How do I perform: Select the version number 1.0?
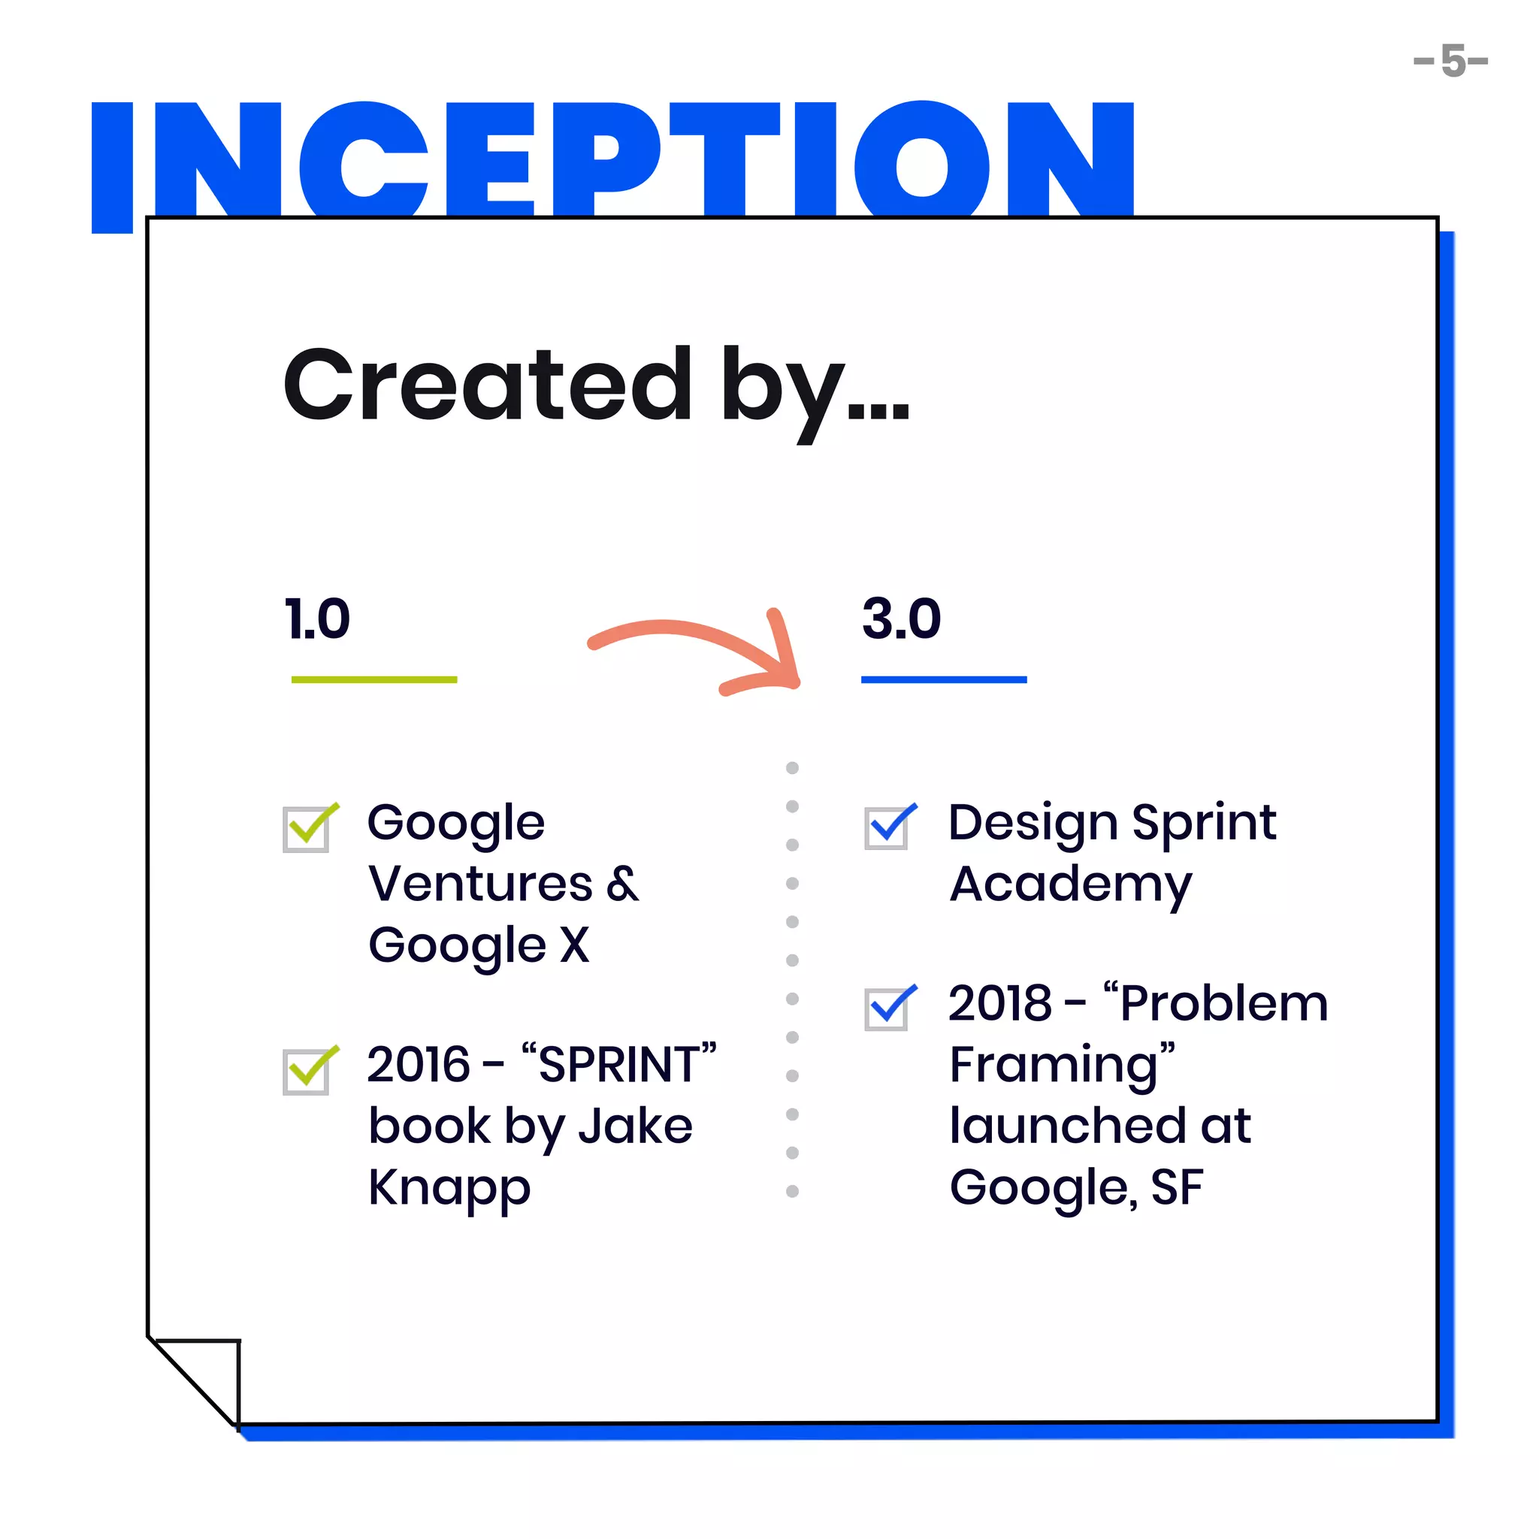(x=318, y=619)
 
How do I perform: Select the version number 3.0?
(x=901, y=619)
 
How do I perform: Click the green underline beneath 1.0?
(x=373, y=679)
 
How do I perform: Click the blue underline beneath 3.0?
(x=943, y=679)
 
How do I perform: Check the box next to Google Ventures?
(x=307, y=828)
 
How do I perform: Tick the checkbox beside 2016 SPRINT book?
(x=307, y=1071)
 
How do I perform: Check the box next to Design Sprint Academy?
(x=887, y=827)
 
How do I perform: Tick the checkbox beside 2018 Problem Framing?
(x=887, y=1008)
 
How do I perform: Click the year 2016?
(x=419, y=1065)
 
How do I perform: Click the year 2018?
(x=999, y=1004)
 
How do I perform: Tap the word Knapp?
(x=449, y=1190)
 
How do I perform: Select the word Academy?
(x=1071, y=885)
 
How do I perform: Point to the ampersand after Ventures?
(x=622, y=884)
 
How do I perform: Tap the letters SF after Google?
(x=1177, y=1188)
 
